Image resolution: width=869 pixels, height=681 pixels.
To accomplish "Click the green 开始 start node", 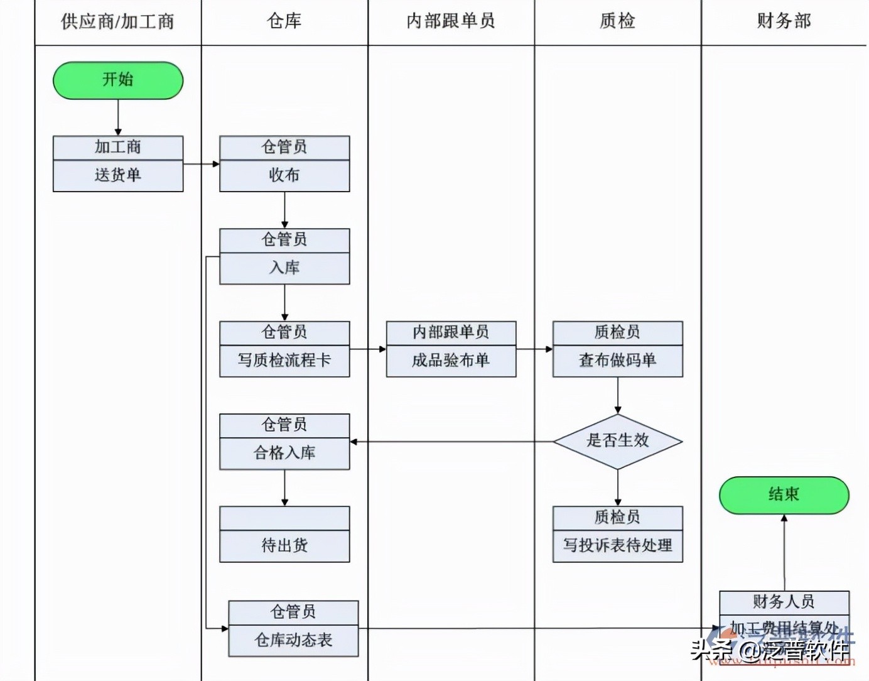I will click(118, 80).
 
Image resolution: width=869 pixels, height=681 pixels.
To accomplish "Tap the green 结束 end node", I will click(784, 495).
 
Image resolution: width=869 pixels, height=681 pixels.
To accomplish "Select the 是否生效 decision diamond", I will click(617, 441).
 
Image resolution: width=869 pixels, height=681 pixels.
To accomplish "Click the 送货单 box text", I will click(118, 175).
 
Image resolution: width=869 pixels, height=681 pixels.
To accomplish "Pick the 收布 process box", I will click(284, 175).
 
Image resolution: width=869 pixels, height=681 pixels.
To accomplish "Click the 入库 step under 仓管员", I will click(284, 268).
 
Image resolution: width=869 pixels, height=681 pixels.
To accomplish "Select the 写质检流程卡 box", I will click(284, 361).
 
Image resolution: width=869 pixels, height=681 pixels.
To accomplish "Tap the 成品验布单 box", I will click(451, 361).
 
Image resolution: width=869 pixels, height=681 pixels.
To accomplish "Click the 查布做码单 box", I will click(617, 361).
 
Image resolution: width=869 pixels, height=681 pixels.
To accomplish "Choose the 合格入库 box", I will click(284, 453).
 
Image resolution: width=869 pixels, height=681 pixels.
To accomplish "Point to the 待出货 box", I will click(284, 545).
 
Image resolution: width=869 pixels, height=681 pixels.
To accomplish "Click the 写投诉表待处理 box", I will click(617, 545).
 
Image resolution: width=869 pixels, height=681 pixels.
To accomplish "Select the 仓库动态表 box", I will click(293, 640).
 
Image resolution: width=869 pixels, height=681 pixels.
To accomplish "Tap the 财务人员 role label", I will click(784, 602).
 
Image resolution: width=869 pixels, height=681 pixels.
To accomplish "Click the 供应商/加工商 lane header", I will click(117, 22).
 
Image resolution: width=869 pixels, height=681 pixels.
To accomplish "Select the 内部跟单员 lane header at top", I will click(451, 21).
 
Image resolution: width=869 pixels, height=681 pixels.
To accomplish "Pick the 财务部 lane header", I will click(784, 21).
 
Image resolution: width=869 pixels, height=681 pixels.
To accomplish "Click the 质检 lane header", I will click(617, 21).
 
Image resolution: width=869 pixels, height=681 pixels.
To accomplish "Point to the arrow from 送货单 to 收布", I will click(202, 164).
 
